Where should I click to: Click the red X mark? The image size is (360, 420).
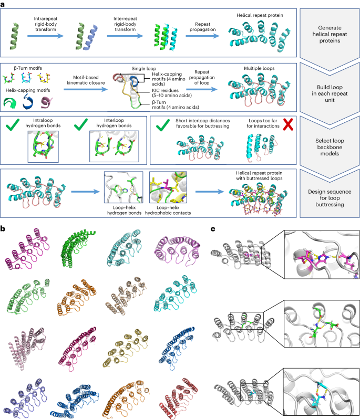click(288, 124)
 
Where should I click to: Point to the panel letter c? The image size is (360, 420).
click(213, 229)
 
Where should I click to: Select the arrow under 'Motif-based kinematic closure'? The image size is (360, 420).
click(86, 89)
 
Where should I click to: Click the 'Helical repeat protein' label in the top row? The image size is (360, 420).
click(260, 15)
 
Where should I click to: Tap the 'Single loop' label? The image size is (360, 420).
click(143, 69)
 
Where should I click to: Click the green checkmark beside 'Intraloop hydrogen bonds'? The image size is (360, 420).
click(12, 124)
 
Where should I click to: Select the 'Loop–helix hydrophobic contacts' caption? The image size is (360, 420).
click(168, 211)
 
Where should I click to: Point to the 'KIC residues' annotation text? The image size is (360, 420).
click(172, 93)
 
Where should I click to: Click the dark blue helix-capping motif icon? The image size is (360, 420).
click(27, 101)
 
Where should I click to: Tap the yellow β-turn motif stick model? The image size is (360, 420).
click(44, 78)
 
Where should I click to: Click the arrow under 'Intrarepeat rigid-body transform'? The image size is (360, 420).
click(46, 36)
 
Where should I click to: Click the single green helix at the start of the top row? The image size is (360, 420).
click(15, 36)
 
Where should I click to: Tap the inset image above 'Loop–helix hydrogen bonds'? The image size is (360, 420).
click(124, 187)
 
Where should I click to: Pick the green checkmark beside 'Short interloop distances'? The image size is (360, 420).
click(163, 125)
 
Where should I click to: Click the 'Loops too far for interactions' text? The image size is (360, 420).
click(263, 123)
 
